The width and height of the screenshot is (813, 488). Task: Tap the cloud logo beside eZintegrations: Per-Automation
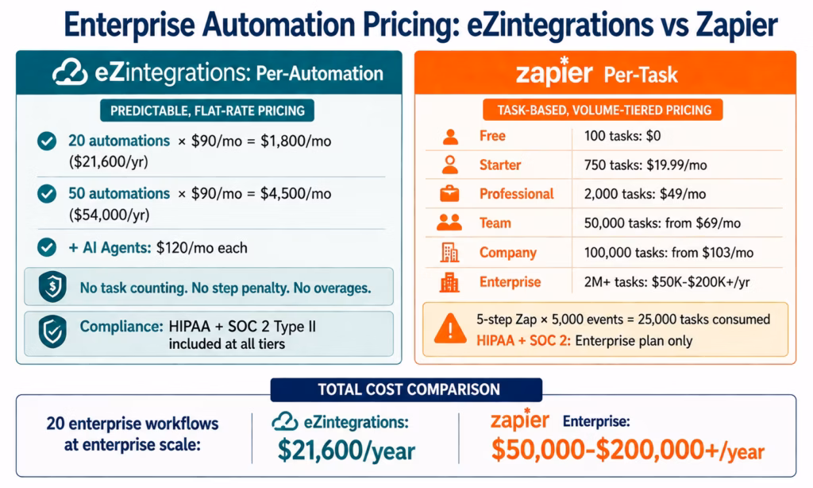(x=70, y=74)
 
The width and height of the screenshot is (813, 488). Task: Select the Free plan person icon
(x=449, y=136)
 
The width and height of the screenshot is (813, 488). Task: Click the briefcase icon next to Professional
(x=449, y=194)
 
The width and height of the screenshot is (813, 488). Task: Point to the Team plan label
(x=495, y=223)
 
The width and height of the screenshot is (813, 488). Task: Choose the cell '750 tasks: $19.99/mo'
(x=644, y=165)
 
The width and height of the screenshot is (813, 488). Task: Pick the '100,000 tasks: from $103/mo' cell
(x=669, y=253)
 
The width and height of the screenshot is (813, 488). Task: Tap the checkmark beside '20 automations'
(x=47, y=141)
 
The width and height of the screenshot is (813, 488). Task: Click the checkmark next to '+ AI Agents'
(x=47, y=247)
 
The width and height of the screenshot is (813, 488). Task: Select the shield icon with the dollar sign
(x=53, y=286)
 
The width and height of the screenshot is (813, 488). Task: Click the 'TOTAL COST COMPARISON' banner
(x=406, y=389)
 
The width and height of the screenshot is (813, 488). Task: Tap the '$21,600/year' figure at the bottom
(x=346, y=451)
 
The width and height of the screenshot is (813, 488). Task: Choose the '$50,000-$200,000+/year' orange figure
(x=627, y=451)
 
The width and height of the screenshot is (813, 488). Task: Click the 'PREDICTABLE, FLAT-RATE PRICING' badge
(x=206, y=110)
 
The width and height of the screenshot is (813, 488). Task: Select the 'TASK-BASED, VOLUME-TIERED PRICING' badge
(x=603, y=110)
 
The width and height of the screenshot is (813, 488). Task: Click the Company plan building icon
(x=449, y=253)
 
